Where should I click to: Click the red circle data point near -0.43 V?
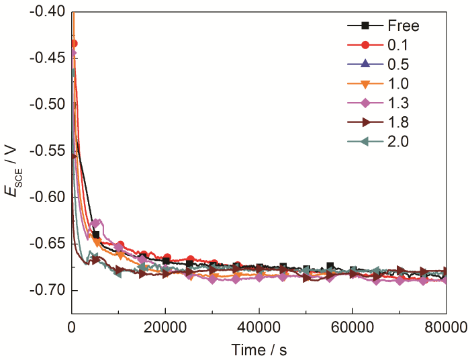[x=73, y=44]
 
